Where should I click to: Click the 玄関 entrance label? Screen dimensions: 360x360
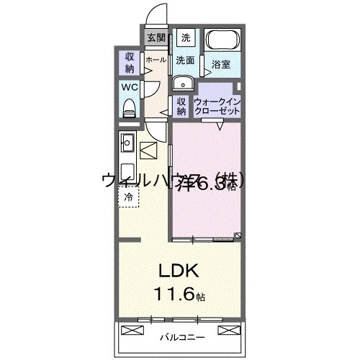156,38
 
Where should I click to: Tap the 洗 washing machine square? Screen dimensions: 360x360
186,38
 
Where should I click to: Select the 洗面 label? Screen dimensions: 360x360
186,60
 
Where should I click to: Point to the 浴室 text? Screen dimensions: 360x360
221,65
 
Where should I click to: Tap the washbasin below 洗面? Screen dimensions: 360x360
180,82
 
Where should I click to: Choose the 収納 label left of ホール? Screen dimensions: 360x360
130,63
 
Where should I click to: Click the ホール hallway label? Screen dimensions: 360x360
156,61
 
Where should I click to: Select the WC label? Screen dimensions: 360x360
129,87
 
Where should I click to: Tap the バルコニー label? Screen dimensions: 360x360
181,336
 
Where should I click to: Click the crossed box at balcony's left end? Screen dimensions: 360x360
133,330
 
